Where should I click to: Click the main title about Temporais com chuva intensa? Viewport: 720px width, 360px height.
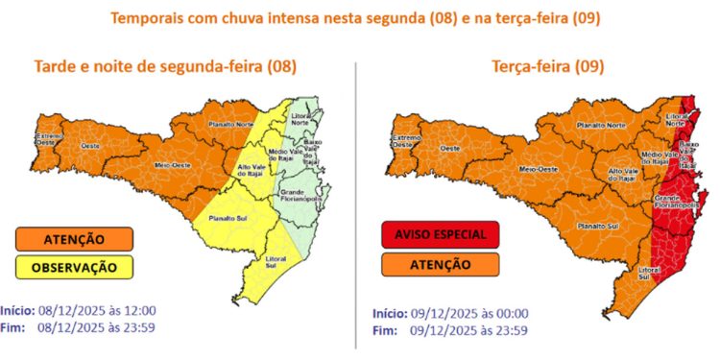(360, 17)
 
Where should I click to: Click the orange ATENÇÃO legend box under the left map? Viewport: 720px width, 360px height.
(74, 238)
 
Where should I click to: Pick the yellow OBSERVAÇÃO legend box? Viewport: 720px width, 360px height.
(74, 266)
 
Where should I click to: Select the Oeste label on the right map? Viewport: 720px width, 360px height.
(448, 149)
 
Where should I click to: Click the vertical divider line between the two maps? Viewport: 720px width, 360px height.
(356, 192)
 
